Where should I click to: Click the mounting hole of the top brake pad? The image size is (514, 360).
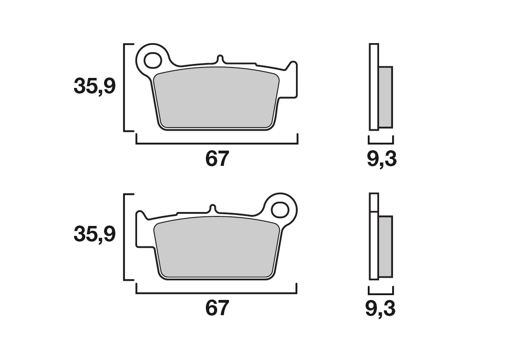pyautogui.click(x=153, y=61)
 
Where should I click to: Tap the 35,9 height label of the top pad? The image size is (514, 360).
pyautogui.click(x=95, y=86)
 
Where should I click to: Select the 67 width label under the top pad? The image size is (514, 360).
pyautogui.click(x=217, y=159)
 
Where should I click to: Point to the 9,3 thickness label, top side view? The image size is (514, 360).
pyautogui.click(x=381, y=160)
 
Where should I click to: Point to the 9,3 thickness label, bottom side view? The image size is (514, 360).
pyautogui.click(x=380, y=309)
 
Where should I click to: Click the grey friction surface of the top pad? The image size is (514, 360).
pyautogui.click(x=217, y=98)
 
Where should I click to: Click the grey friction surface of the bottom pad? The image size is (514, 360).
pyautogui.click(x=217, y=248)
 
